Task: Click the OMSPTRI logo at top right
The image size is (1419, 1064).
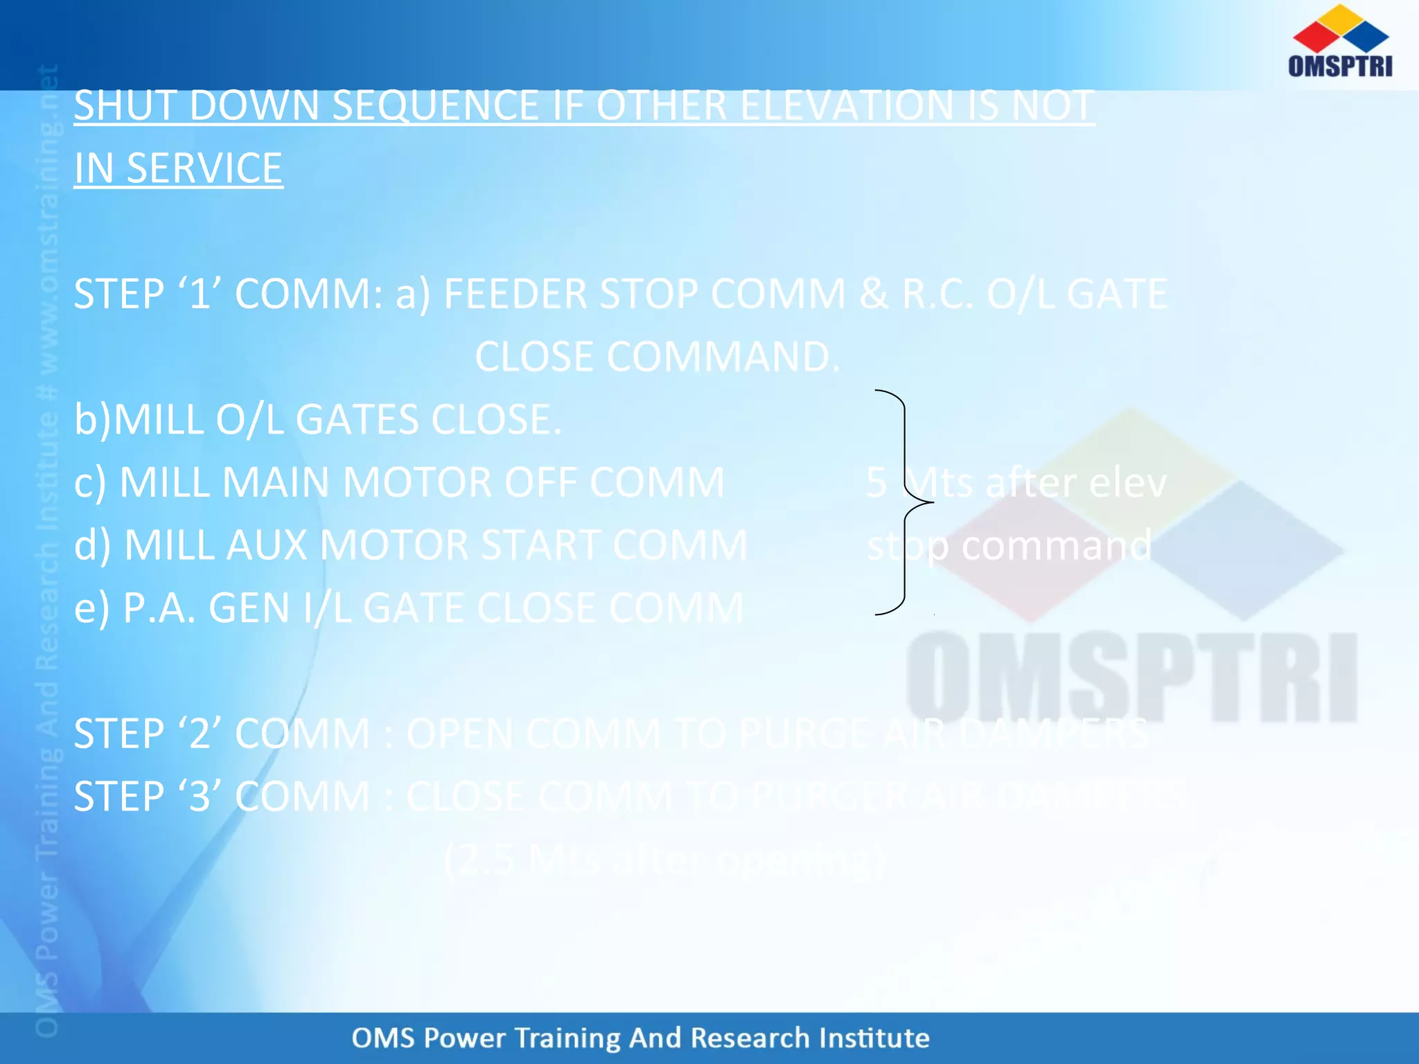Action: coord(1339,42)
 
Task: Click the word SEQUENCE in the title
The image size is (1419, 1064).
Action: coord(435,106)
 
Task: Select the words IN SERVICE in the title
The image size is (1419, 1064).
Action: coord(178,168)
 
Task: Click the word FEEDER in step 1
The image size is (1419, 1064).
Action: coord(515,294)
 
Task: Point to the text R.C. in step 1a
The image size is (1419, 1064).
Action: coord(937,294)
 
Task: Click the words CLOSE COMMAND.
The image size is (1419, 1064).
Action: coord(657,357)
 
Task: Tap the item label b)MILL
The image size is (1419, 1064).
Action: coord(139,420)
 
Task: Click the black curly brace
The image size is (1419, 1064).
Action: coord(904,502)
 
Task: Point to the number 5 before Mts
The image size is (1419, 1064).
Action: coord(876,483)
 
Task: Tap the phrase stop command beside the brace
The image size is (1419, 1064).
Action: coord(1009,546)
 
